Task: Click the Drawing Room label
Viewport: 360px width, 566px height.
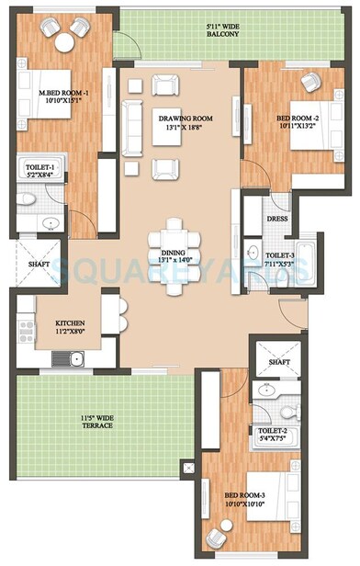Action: pyautogui.click(x=180, y=118)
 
